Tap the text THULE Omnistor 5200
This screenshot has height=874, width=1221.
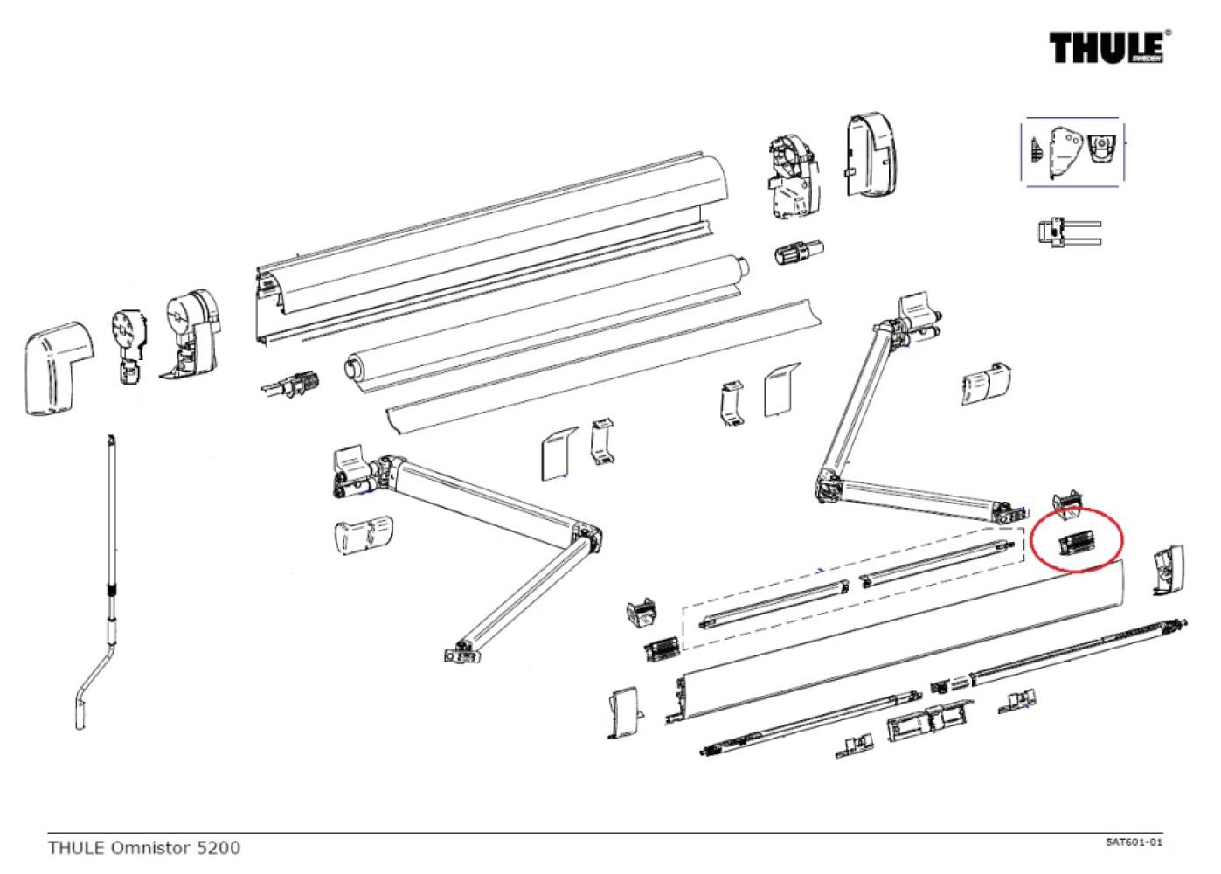tap(144, 847)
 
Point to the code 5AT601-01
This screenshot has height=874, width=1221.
tap(1133, 843)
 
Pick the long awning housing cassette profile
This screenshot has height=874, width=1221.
tap(489, 245)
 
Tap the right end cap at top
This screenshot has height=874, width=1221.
tap(871, 156)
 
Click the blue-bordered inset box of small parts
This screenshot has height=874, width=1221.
tap(1072, 152)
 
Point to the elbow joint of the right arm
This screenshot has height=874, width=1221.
tap(829, 488)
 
